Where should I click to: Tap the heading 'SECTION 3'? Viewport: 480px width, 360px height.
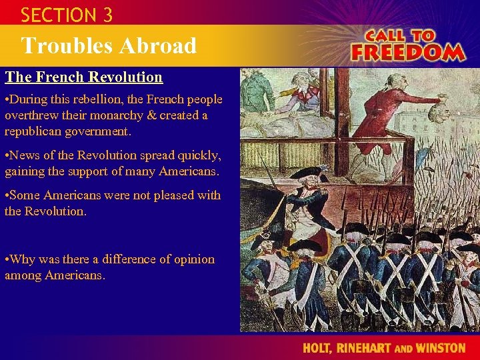pyautogui.click(x=66, y=14)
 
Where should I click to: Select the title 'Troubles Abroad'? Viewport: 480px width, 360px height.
pyautogui.click(x=109, y=45)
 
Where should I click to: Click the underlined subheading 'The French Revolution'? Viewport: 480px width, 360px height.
pyautogui.click(x=84, y=77)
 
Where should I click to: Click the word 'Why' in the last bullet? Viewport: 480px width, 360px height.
pyautogui.click(x=25, y=259)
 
